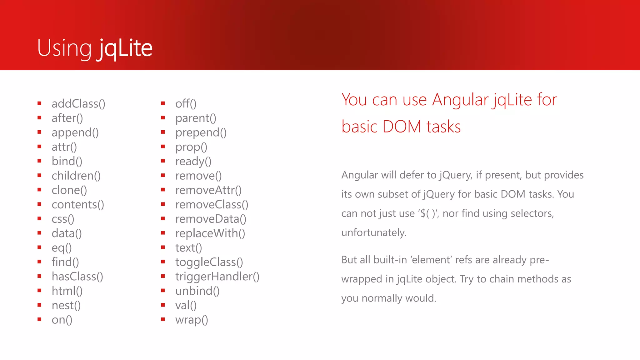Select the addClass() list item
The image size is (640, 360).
[78, 104]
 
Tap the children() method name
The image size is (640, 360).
[76, 176]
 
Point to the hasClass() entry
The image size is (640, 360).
[77, 277]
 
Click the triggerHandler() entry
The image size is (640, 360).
[217, 277]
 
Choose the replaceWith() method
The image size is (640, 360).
[210, 233]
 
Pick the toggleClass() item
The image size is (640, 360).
[209, 262]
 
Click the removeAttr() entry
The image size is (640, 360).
[208, 190]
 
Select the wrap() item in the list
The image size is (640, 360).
[192, 320]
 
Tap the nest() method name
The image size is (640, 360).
[66, 306]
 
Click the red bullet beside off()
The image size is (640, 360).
[163, 103]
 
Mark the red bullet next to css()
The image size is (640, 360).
[39, 218]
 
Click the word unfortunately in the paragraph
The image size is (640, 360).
[374, 233]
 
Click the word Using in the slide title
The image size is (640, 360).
[64, 48]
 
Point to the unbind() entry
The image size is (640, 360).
[197, 291]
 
